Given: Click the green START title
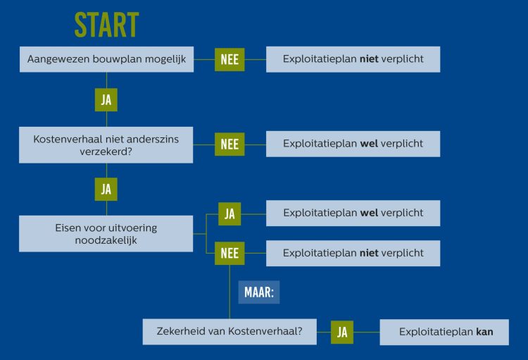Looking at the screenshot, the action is coord(106,25).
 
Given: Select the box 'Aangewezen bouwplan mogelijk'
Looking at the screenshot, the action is coord(106,59).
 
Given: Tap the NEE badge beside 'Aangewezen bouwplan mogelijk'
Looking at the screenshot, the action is coord(230,60).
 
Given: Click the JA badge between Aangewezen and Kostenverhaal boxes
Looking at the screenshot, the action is coord(106,100).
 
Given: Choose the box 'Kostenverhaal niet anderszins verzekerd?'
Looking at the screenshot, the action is coord(106,145).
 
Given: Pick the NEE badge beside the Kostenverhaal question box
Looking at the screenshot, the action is coord(230,144).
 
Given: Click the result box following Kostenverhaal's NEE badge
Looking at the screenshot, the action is coord(353,144).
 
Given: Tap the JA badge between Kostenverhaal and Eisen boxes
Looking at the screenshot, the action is coord(106,189).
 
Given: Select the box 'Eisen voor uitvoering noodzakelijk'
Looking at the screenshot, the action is coord(106,234).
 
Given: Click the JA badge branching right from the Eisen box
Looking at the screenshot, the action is coord(230,213).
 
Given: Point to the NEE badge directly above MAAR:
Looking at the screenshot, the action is coord(230,253).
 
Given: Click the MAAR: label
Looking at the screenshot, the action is coord(259,292).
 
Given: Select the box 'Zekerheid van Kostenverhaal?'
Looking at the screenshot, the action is coord(230,332).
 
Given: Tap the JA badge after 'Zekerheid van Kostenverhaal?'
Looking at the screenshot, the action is coord(342,333).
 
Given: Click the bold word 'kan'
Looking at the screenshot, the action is coord(484,332).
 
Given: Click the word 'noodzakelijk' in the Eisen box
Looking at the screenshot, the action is coord(106,240).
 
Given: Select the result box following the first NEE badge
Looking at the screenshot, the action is coord(353,59).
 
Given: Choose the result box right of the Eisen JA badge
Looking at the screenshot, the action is coord(353,213).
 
